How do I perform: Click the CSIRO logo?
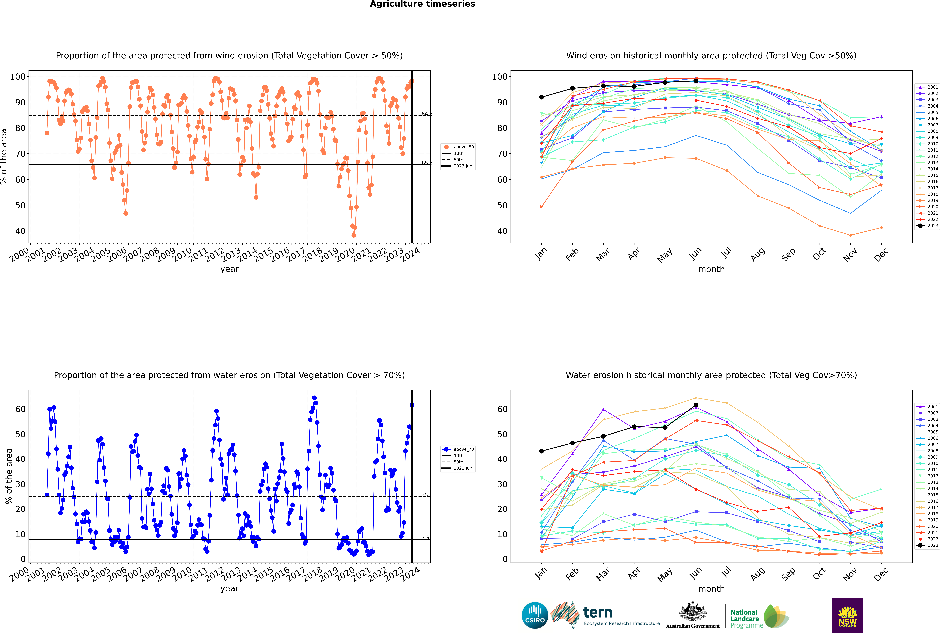click(x=535, y=615)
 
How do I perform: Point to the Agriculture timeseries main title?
click(x=422, y=4)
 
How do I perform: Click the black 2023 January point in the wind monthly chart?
click(x=542, y=97)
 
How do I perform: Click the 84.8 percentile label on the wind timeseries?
click(x=427, y=114)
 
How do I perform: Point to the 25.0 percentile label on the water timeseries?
click(x=427, y=495)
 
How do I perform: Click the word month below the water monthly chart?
click(x=711, y=589)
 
